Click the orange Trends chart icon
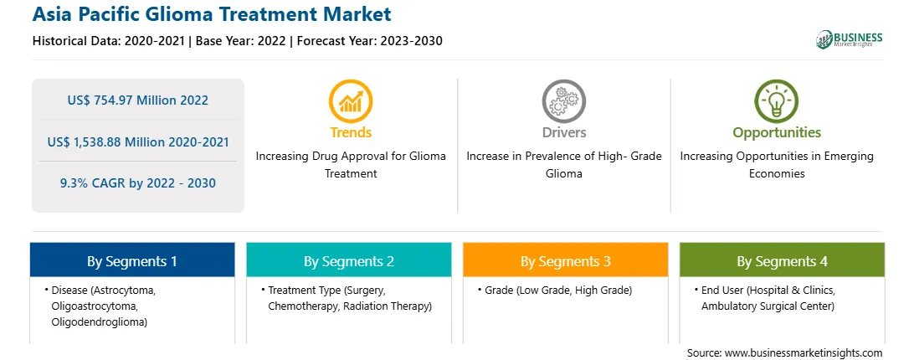point(351,101)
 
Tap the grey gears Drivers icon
point(563,101)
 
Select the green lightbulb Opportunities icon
point(777,101)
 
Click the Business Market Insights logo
point(849,39)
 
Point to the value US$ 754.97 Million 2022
point(137,100)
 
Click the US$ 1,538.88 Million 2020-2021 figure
point(138,141)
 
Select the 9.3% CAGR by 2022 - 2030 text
point(137,183)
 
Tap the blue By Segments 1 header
point(132,260)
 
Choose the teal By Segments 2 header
point(348,260)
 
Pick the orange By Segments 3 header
point(566,260)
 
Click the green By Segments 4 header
point(783,260)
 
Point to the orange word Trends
point(351,132)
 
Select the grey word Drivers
point(564,132)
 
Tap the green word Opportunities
point(777,133)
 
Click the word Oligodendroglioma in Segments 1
point(99,321)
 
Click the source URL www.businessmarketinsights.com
point(804,352)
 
